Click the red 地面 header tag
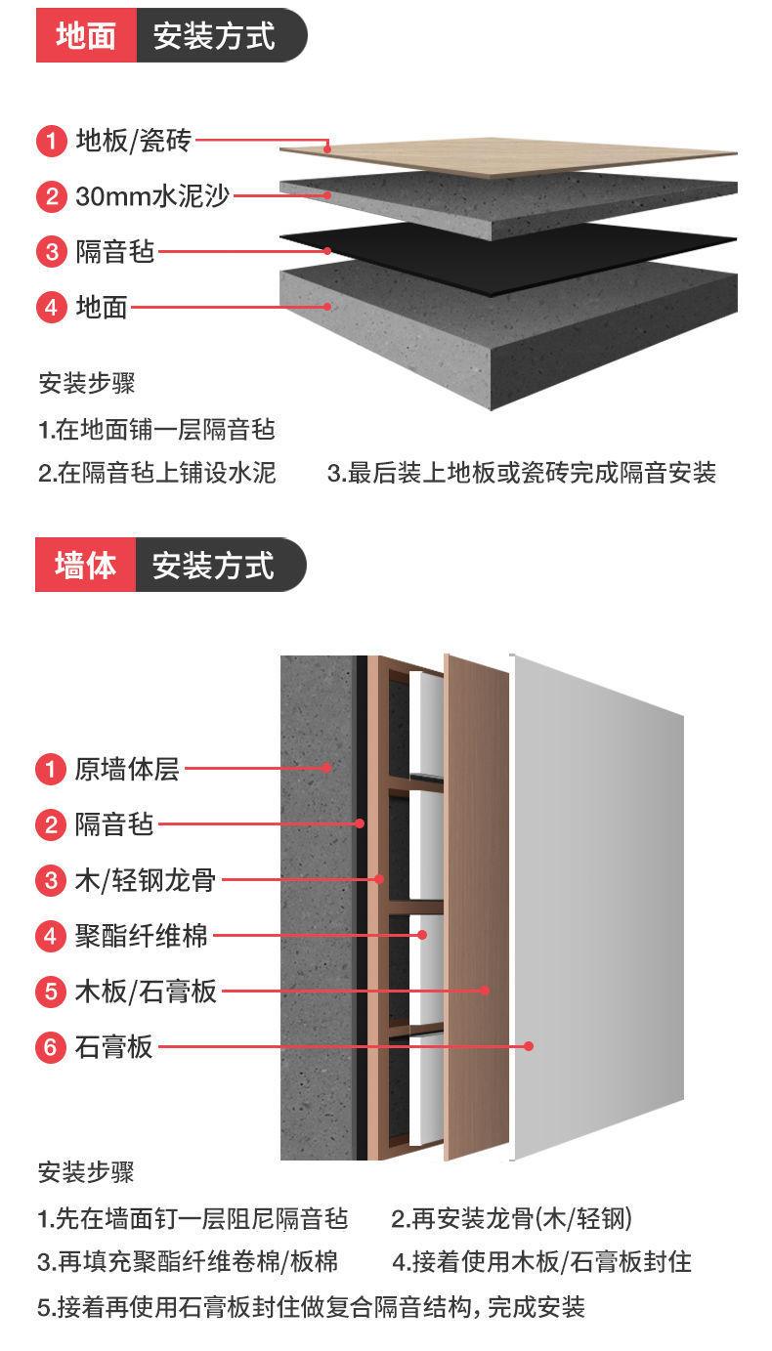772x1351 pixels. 86,36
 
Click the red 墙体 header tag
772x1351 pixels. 86,565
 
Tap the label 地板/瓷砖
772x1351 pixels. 134,142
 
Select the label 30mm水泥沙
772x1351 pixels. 152,196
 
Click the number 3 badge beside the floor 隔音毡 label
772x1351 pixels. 52,252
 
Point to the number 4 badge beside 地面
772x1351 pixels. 52,308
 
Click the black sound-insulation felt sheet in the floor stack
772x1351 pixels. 508,256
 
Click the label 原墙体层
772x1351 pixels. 127,769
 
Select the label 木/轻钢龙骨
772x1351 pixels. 145,880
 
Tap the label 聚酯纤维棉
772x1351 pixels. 142,936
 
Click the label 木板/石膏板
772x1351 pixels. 146,992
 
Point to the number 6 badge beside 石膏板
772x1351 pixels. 52,1047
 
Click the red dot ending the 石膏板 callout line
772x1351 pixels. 529,1046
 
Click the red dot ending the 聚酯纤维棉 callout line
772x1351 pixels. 423,935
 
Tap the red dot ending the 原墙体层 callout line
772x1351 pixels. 328,768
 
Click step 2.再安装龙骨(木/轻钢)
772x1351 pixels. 511,1218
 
